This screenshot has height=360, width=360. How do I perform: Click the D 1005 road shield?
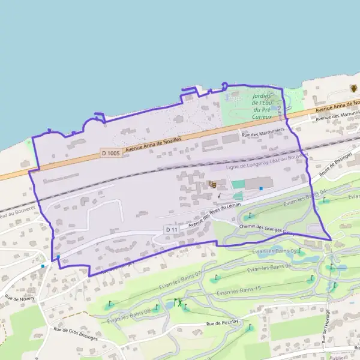110,154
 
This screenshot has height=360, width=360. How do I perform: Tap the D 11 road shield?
171,229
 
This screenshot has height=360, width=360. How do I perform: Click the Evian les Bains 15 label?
242,290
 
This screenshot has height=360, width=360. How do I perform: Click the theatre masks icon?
212,185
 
